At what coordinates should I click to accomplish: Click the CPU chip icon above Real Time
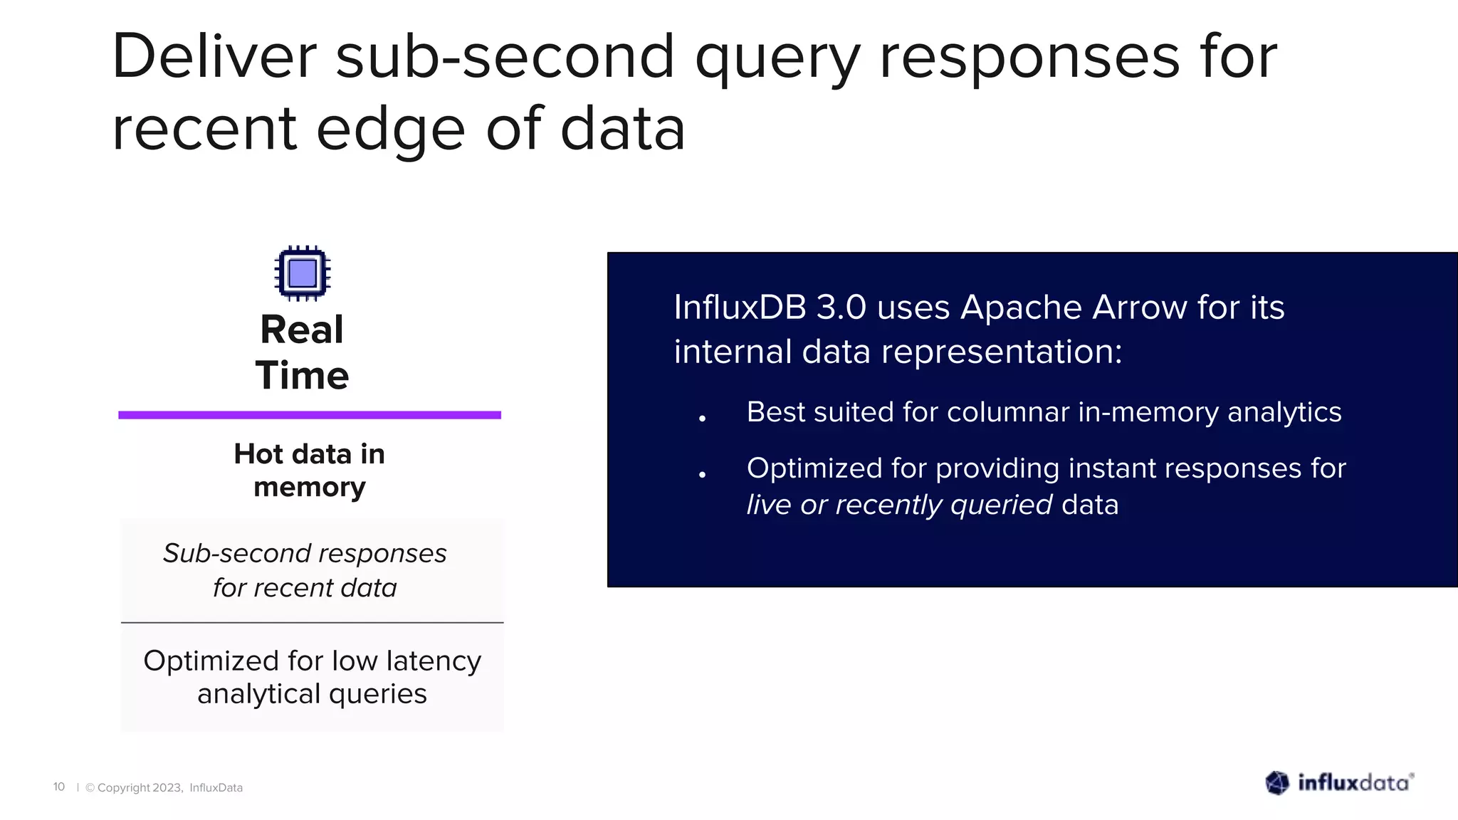coord(303,273)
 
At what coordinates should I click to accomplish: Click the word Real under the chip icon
coord(302,330)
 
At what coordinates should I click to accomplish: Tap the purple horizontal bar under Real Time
coord(310,415)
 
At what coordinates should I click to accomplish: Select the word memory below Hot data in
coord(310,488)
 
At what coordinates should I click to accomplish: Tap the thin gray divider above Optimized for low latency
coord(312,623)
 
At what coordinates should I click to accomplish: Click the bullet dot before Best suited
coord(702,419)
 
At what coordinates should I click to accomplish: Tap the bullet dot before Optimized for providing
coord(702,475)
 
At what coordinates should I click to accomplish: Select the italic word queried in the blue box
coord(1001,505)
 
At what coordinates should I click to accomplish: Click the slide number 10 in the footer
coord(59,787)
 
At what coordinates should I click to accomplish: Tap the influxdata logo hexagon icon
coord(1277,783)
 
